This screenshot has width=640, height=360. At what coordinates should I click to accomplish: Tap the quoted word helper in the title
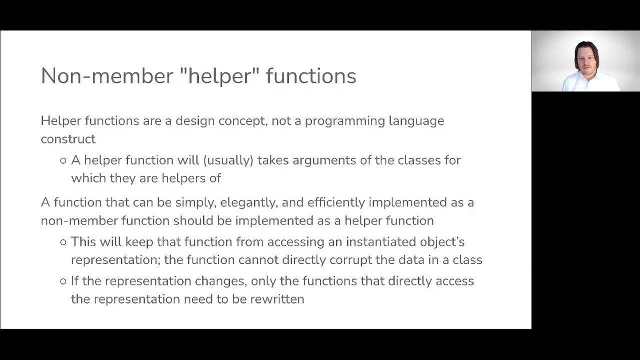pos(219,76)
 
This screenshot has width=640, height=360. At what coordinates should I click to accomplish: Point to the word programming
pos(345,121)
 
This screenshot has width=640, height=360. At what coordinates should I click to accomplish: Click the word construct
pos(68,139)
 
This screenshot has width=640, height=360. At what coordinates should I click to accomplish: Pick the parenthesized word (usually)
pos(228,160)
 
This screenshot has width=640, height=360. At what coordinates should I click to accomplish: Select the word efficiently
pos(336,202)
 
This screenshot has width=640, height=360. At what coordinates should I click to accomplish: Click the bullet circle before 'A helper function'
pos(63,160)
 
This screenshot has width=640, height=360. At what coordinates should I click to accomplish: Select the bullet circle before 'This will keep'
pos(63,242)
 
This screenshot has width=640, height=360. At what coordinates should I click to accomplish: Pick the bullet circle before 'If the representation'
pos(63,281)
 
